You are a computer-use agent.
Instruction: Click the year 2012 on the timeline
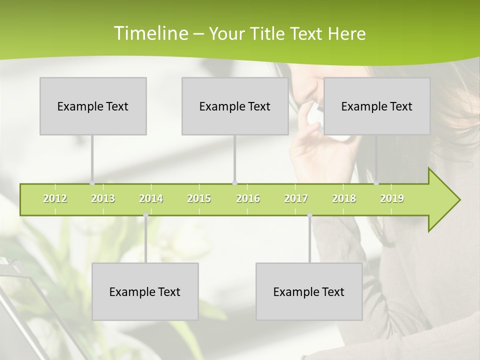click(x=55, y=199)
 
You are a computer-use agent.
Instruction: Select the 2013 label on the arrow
click(x=103, y=199)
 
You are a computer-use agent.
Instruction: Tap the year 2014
click(x=151, y=199)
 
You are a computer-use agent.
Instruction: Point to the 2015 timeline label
click(x=199, y=199)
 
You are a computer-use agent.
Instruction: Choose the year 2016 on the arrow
click(x=248, y=199)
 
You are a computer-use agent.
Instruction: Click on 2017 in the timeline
click(x=296, y=199)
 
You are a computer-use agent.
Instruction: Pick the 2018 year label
click(x=344, y=199)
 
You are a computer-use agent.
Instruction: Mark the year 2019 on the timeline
click(x=392, y=199)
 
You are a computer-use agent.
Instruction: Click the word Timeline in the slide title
click(x=150, y=33)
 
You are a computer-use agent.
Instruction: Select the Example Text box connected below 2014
click(x=145, y=291)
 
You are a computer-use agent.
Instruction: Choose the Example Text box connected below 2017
click(x=309, y=291)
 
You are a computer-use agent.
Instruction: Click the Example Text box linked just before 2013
click(x=93, y=106)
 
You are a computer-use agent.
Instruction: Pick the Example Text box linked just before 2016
click(x=235, y=106)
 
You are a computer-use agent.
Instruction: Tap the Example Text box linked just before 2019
click(x=377, y=106)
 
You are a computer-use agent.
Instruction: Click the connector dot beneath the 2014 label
click(x=145, y=215)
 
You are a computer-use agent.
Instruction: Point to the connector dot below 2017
click(x=309, y=215)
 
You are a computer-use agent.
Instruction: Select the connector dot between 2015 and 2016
click(x=235, y=183)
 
